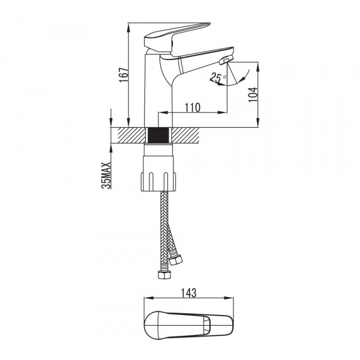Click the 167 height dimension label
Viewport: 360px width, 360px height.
pos(123,75)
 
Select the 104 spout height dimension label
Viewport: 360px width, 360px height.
pos(253,94)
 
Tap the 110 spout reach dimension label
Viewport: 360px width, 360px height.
pos(193,107)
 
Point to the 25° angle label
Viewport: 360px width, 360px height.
pos(218,77)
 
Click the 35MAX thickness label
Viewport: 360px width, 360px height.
pos(106,175)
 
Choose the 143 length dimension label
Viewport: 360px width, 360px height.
pos(189,293)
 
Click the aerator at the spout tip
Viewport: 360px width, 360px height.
pos(226,60)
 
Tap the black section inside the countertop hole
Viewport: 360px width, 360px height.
pos(159,135)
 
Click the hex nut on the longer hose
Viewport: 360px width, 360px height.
pos(164,275)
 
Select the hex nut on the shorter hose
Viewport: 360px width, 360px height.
pos(176,259)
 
